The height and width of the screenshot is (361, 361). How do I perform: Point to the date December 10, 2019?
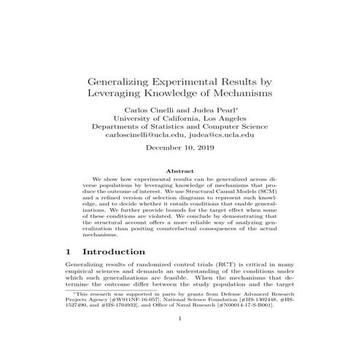(x=180, y=159)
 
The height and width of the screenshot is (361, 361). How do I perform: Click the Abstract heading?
(x=180, y=171)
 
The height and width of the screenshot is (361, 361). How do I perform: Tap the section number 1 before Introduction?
(x=69, y=251)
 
